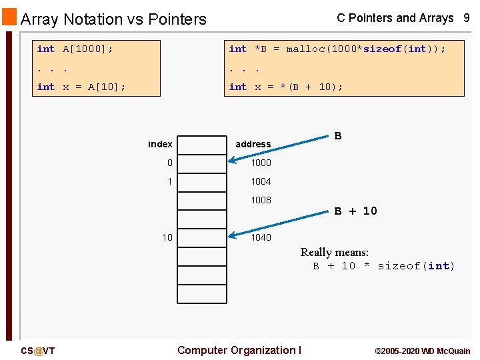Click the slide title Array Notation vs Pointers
113,19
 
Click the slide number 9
467,19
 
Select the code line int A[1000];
75,49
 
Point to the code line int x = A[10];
81,87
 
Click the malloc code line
337,49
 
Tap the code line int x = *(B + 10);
286,87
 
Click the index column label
160,144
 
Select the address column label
253,144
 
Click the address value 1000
261,163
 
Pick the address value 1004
261,181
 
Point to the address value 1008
261,200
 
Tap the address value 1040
261,237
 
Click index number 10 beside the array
167,237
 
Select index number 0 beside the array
170,163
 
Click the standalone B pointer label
338,136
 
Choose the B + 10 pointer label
355,211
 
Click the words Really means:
334,252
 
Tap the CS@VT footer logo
37,351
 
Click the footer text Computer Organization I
239,350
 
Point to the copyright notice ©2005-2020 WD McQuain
423,351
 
